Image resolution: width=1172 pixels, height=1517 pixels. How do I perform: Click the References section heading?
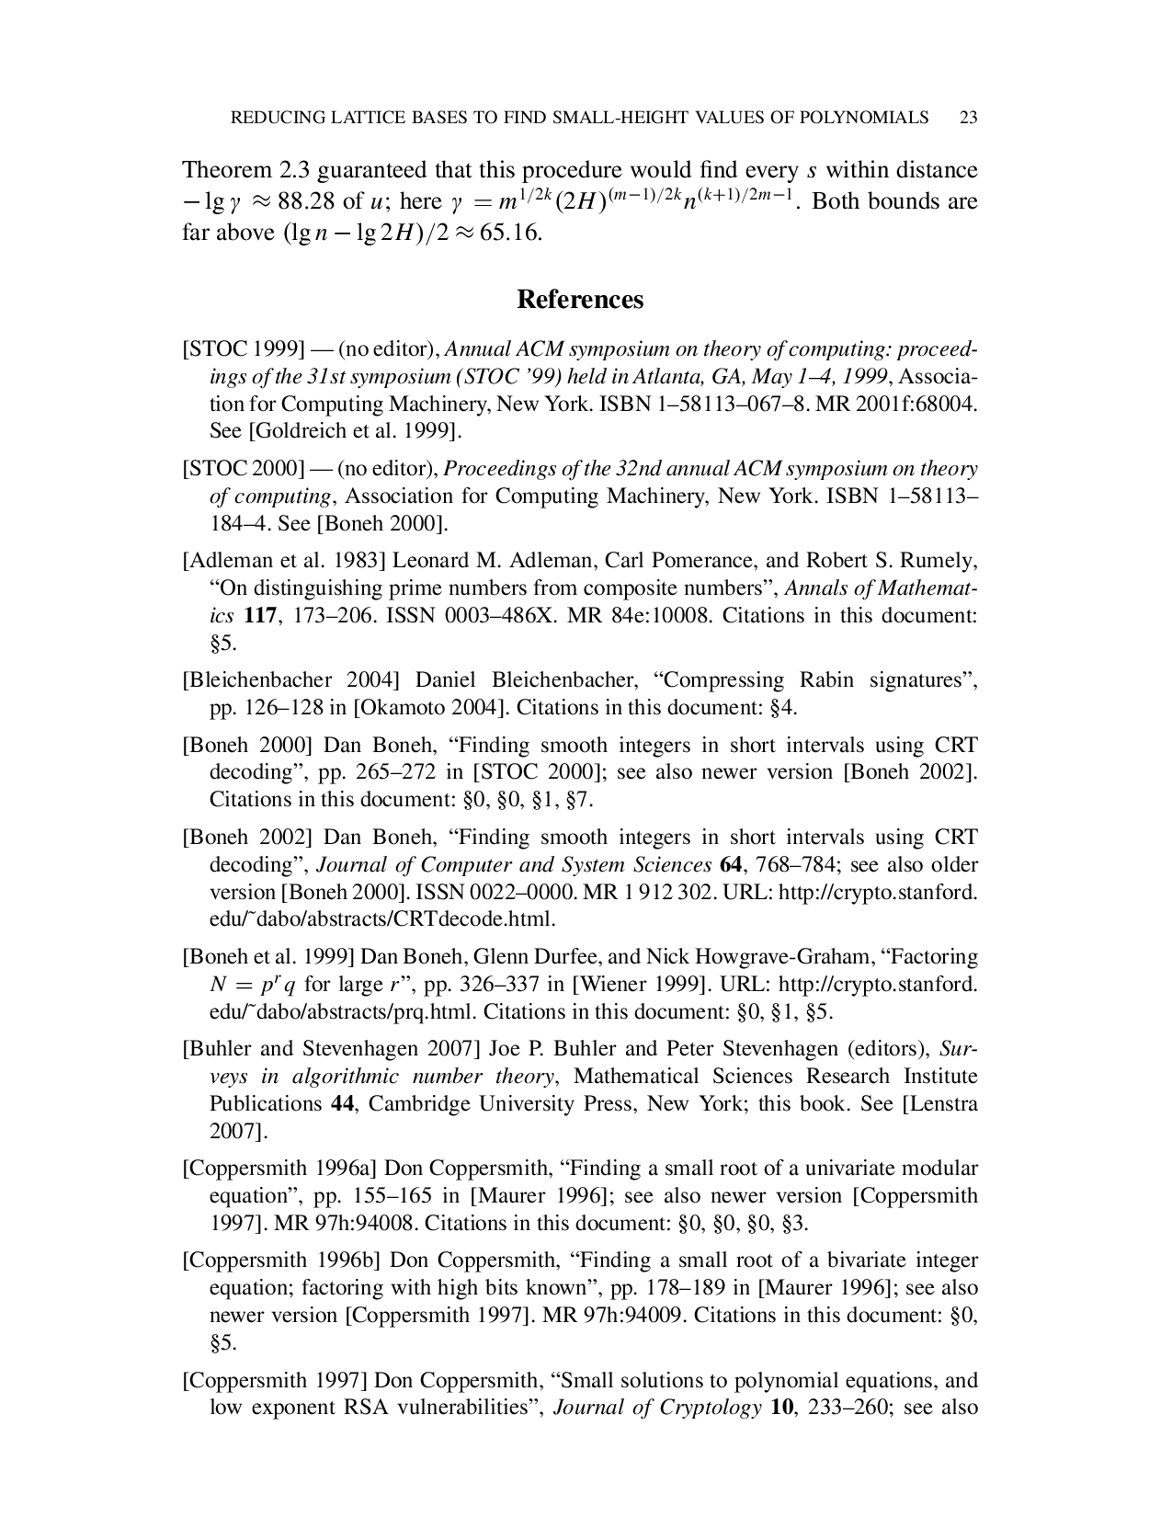(580, 300)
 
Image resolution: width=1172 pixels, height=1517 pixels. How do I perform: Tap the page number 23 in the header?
(967, 118)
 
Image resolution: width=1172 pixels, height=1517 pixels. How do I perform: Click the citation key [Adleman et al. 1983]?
(284, 561)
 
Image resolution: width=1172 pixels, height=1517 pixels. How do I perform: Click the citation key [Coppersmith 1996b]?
(281, 1260)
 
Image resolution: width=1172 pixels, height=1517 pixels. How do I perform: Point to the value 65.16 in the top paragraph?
(510, 233)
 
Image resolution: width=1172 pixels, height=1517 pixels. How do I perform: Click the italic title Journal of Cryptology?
(657, 1408)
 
